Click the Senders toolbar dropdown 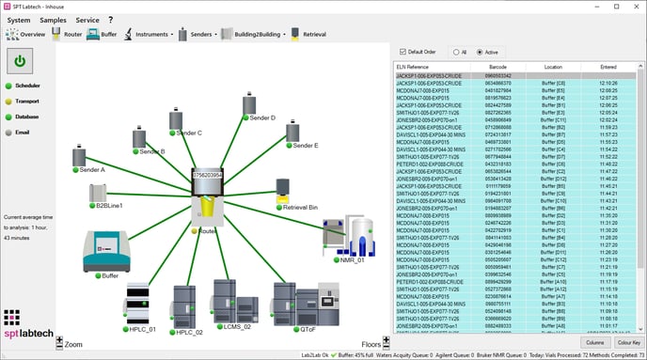198,34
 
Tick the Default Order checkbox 402,51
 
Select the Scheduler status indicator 9,86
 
